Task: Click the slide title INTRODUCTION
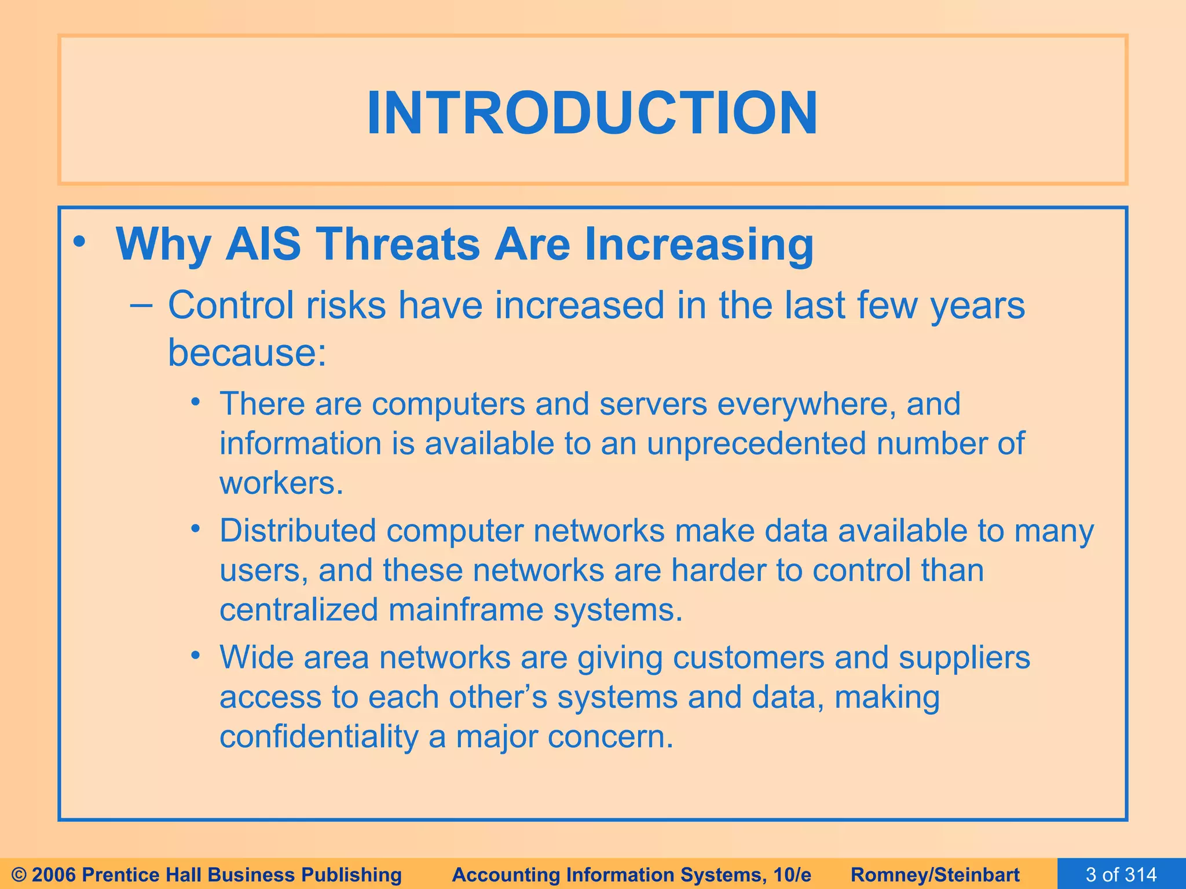click(592, 113)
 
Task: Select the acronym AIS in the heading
click(263, 244)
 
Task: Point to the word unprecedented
click(756, 443)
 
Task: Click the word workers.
click(281, 483)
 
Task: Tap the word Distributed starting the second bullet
click(298, 531)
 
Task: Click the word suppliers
click(964, 657)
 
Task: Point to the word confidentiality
click(319, 737)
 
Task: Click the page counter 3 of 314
click(1121, 874)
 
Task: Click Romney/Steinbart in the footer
click(935, 875)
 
